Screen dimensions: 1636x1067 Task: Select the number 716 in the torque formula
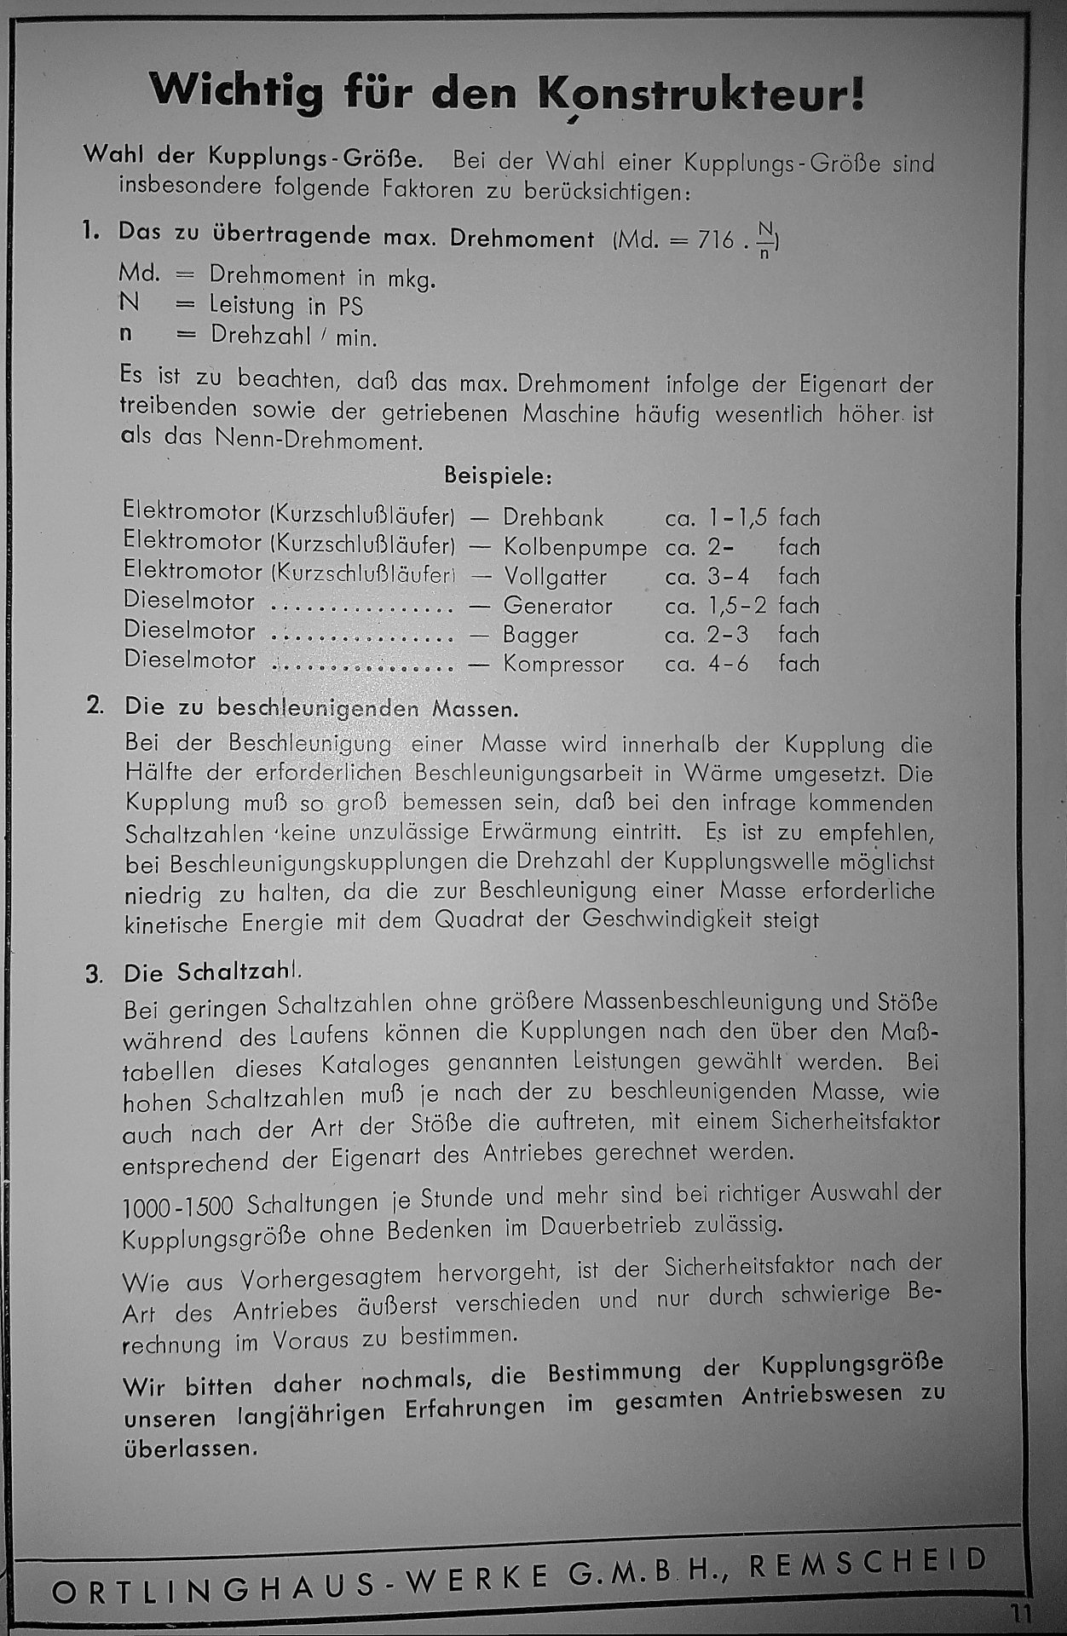(715, 240)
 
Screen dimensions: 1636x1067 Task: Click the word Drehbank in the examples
(553, 517)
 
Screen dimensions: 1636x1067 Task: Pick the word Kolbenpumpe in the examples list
(575, 547)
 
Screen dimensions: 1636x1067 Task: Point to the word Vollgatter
(555, 577)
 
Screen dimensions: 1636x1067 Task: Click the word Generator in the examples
(557, 606)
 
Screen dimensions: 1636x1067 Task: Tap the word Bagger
(540, 635)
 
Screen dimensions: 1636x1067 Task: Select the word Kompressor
(563, 664)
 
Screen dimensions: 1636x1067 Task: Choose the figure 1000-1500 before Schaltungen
(177, 1206)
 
